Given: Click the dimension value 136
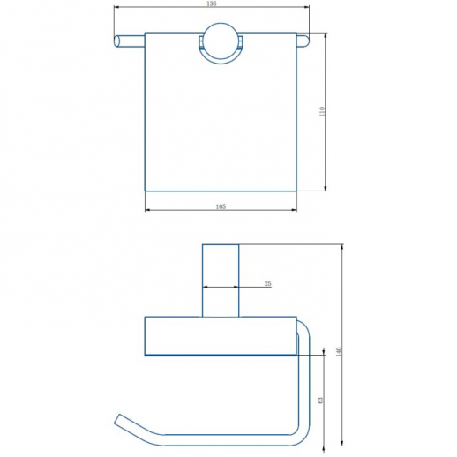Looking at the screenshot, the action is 212,4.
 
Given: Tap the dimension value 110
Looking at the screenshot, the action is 322,111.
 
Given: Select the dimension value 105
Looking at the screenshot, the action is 221,206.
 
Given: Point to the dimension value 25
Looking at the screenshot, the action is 267,283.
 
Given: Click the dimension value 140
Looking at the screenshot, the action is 338,352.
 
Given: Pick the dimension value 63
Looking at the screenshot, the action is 320,401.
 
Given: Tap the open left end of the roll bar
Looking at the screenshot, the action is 116,41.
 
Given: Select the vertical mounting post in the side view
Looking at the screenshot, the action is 221,281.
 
